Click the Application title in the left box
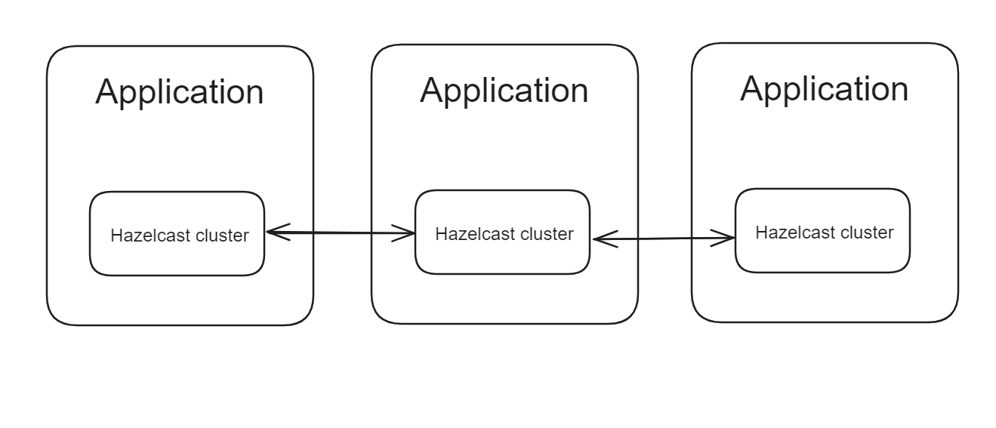coord(180,92)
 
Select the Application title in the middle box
coord(504,90)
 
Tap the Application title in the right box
coord(824,88)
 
